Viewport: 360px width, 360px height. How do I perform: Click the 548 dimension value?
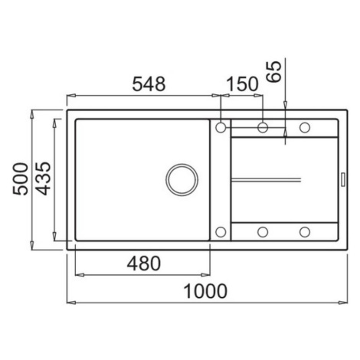point(149,84)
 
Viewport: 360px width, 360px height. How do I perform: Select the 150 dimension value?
point(242,84)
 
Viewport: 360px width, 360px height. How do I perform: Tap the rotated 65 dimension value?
point(274,72)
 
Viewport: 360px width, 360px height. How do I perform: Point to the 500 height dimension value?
point(21,178)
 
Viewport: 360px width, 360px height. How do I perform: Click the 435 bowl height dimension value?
point(43,178)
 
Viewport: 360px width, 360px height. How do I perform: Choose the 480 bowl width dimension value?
point(144,263)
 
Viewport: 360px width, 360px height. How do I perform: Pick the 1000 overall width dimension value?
point(205,291)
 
